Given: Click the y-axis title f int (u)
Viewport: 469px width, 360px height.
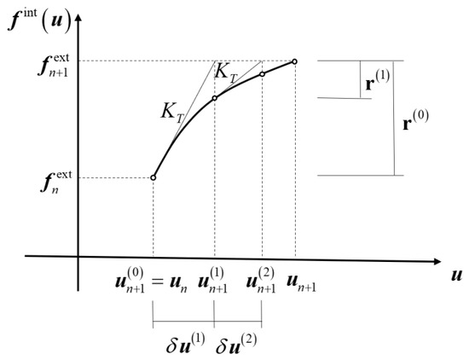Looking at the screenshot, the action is point(39,22).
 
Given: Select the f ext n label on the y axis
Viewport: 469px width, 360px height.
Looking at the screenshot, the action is point(56,183).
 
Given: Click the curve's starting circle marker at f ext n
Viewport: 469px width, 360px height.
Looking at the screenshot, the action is point(153,177).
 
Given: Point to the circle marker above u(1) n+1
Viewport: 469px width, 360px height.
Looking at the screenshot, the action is point(214,98).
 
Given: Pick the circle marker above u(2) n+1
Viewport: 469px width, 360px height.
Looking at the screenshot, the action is point(262,74).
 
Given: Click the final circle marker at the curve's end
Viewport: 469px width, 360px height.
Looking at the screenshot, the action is point(294,61).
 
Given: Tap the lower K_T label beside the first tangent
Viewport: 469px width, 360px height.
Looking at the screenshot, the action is point(172,113).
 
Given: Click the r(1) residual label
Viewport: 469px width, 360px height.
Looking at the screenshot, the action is point(378,80).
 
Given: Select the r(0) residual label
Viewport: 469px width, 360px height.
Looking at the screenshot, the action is point(416,119).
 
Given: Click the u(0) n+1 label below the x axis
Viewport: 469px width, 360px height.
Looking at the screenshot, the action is point(130,281).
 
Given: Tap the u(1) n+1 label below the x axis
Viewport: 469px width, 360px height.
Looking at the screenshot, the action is point(212,281).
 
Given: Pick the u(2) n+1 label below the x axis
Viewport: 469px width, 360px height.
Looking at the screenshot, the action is point(261,281).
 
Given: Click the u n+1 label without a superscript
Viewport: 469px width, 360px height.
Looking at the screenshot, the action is point(301,283).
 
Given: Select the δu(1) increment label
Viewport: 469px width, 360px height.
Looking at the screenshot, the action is point(186,343).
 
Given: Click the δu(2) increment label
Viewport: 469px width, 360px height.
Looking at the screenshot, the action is point(236,343).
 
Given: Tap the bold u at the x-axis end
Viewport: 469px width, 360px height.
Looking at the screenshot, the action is point(456,276).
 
